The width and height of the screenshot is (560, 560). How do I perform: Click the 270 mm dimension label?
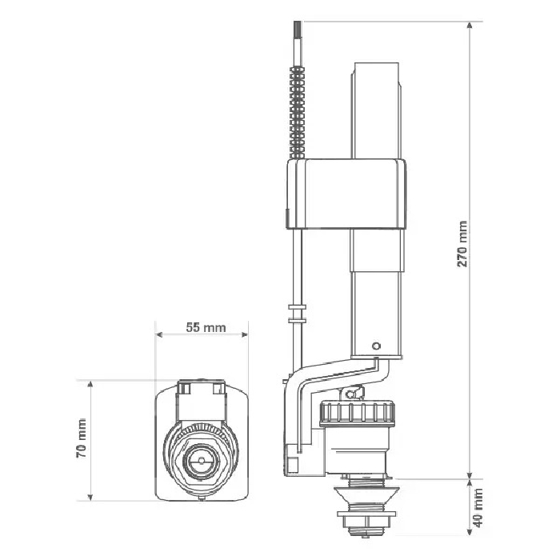(x=462, y=243)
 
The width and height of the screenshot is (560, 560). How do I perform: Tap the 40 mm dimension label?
(x=478, y=508)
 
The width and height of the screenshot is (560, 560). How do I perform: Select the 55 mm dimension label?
(x=206, y=327)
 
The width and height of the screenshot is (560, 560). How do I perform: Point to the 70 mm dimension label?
(x=82, y=438)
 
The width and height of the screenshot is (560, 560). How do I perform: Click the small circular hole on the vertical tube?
(x=376, y=346)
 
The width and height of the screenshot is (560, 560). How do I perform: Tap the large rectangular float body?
(x=346, y=194)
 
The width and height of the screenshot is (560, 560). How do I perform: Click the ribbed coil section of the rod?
(x=297, y=112)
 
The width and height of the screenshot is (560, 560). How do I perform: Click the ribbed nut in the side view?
(x=358, y=414)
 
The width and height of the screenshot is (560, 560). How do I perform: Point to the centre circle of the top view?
(x=201, y=460)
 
